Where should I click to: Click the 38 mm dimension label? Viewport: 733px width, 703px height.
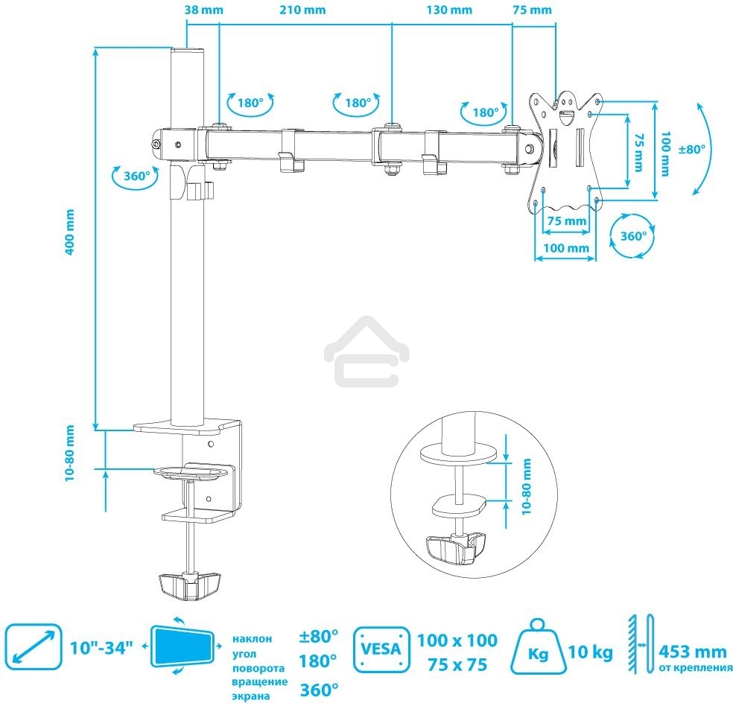(x=204, y=10)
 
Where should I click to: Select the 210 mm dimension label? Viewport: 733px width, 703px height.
(x=302, y=10)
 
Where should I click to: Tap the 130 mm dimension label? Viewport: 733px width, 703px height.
(x=449, y=10)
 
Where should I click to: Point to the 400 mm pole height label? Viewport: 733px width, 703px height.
(x=69, y=232)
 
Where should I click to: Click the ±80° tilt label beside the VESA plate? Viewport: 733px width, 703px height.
(x=691, y=149)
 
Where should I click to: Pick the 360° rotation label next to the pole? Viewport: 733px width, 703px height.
(x=136, y=176)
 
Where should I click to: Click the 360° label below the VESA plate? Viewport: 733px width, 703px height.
(x=633, y=235)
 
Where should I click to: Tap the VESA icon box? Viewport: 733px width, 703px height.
(x=381, y=649)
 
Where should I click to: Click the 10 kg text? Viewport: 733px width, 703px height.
(x=590, y=652)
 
